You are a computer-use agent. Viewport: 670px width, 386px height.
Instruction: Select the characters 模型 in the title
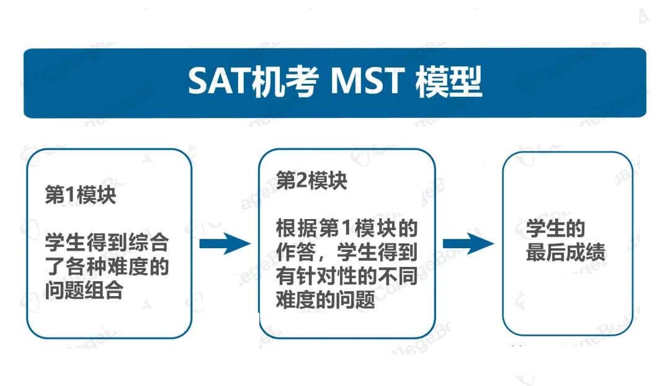449,81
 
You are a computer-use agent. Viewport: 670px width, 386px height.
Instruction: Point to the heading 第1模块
80,195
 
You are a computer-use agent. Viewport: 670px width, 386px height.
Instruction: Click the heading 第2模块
311,181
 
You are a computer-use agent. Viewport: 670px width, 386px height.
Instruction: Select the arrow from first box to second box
225,244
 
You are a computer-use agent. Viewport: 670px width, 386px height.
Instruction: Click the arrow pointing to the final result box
468,244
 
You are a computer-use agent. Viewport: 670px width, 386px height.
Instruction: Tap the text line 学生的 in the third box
555,228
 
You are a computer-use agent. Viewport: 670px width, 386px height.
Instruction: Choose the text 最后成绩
565,252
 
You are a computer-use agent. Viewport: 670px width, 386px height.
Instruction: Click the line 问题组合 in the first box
84,290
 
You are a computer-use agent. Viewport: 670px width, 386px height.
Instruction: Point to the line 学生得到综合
107,243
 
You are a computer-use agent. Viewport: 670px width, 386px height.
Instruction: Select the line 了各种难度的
107,266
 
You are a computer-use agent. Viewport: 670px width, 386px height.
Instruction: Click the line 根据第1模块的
347,228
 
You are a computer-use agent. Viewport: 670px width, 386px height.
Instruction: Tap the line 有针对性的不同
347,276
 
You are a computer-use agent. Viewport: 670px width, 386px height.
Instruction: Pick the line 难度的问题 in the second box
326,300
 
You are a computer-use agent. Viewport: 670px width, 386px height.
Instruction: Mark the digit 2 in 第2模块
301,181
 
